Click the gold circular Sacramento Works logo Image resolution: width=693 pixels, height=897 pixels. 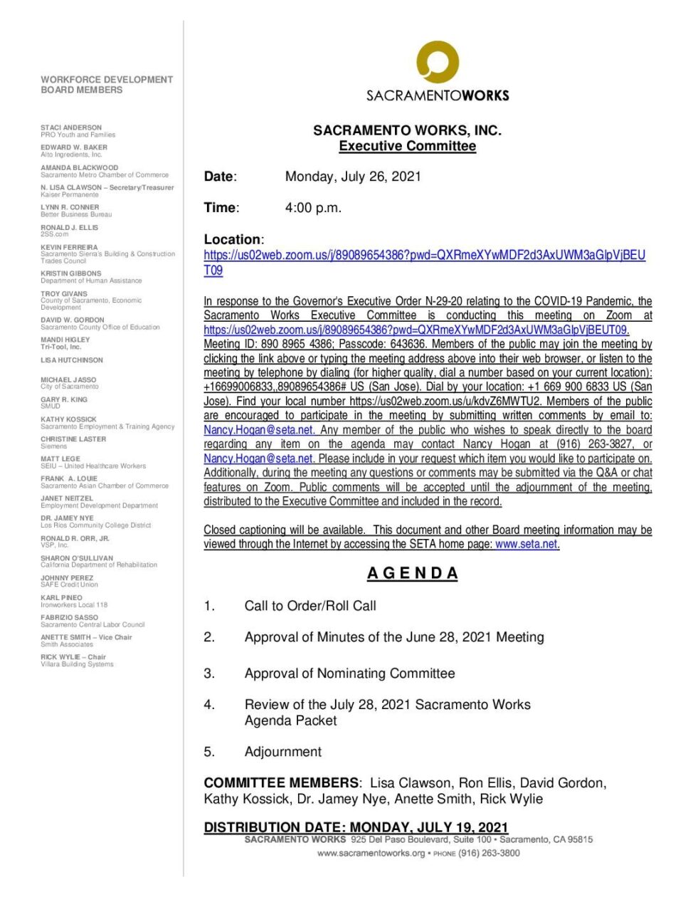(437, 63)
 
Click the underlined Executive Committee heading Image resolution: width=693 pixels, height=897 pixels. (407, 146)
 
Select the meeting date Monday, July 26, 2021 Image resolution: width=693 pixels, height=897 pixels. (353, 177)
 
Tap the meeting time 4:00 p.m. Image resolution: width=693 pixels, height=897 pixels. (313, 208)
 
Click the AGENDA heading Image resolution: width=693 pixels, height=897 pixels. (413, 573)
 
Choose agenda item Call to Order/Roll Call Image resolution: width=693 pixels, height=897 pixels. (310, 606)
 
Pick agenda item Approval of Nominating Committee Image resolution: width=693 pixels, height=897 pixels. (349, 673)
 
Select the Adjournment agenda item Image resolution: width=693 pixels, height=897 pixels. (282, 752)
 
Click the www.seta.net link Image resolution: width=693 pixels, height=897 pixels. (526, 544)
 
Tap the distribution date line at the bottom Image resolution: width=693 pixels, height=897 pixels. (356, 827)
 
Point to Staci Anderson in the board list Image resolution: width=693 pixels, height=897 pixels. (71, 127)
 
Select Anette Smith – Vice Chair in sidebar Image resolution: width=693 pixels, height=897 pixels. (86, 637)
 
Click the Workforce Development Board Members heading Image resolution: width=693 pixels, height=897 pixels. (107, 85)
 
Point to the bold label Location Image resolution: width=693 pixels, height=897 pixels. (232, 239)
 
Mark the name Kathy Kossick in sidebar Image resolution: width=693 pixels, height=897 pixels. (68, 419)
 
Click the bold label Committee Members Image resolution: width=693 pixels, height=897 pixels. (281, 783)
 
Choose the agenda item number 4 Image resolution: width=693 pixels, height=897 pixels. (209, 705)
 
